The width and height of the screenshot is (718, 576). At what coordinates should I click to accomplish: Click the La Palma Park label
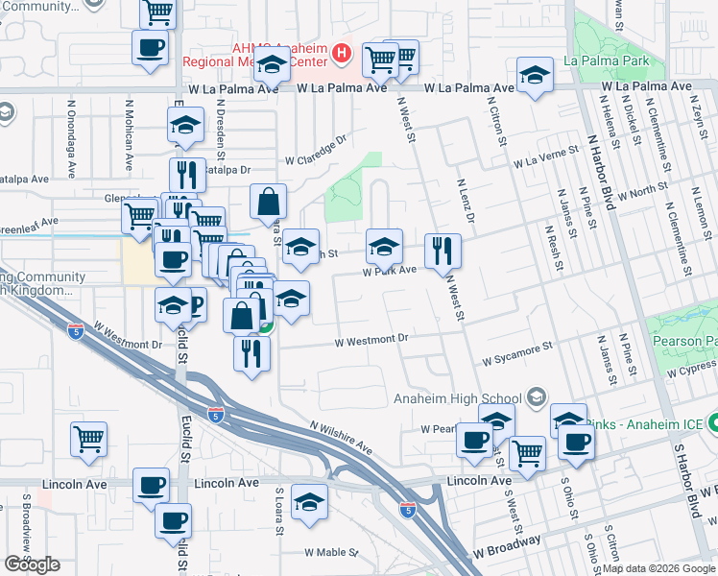608,61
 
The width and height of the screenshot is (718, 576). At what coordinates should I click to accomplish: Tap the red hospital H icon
341,53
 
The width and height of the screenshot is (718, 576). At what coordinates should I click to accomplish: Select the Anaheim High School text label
458,399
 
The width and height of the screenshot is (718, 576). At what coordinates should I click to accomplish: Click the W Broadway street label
506,554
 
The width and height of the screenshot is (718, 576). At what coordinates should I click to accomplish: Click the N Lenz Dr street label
466,201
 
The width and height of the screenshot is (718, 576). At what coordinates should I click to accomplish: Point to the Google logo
32,564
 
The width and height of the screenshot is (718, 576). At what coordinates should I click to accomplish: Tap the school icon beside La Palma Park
535,77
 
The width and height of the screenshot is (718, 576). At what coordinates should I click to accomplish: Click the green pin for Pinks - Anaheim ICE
714,422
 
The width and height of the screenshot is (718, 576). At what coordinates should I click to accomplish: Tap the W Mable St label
330,553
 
